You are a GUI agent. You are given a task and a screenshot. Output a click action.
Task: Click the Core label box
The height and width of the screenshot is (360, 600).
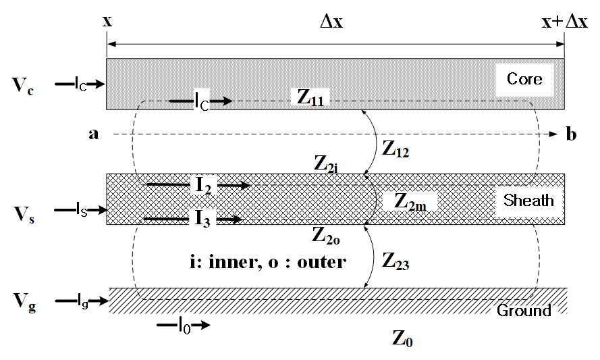(x=524, y=80)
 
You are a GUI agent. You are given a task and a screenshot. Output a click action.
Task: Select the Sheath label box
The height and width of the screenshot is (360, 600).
(x=528, y=201)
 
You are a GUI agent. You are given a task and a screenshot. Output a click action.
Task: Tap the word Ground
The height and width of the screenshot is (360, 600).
(x=524, y=310)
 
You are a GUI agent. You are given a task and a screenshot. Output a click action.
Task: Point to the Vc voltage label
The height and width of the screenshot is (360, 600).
(x=23, y=86)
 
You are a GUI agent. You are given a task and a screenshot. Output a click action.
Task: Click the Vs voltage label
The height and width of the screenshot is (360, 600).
(x=24, y=214)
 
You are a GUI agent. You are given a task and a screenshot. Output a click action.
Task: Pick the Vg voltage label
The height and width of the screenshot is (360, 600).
(x=24, y=303)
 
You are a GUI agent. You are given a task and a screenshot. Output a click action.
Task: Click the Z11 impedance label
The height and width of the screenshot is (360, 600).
(x=310, y=97)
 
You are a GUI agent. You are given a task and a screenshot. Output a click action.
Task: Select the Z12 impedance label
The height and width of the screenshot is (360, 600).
(x=396, y=149)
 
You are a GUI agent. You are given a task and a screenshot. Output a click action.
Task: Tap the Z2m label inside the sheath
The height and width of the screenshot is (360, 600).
(x=410, y=201)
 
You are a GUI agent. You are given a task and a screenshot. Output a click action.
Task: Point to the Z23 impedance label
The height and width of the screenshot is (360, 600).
(x=396, y=262)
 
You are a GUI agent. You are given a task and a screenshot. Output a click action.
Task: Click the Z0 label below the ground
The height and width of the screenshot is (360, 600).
(x=402, y=338)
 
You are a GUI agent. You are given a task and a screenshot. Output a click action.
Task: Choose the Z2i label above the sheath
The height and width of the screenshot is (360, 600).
(x=326, y=164)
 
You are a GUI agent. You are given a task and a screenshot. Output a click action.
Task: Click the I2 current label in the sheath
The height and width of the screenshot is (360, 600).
(x=203, y=185)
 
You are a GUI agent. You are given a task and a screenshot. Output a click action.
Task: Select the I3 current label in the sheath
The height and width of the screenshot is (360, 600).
(x=202, y=219)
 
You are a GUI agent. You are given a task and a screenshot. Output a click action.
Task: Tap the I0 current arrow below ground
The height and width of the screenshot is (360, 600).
(x=184, y=325)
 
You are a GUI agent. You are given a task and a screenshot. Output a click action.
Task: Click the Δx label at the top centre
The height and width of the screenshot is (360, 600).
(x=331, y=22)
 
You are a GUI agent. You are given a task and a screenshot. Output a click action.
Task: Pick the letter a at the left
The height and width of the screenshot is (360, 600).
(x=94, y=134)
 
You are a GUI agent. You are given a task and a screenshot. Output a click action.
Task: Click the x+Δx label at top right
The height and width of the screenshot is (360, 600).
(x=564, y=22)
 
